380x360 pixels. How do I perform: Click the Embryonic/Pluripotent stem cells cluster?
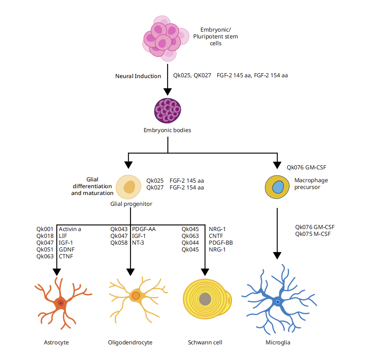[x=164, y=38]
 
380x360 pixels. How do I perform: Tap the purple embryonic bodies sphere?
[x=168, y=111]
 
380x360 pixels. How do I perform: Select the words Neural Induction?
[x=138, y=76]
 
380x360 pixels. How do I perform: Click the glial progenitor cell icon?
[x=128, y=187]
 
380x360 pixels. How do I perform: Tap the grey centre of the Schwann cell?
[x=205, y=298]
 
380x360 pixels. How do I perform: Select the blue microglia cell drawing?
[x=277, y=302]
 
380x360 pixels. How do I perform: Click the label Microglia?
[x=278, y=342]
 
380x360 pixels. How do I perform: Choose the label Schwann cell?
[x=205, y=342]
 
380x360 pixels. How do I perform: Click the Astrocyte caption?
[x=56, y=342]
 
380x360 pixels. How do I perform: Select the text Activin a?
[x=70, y=229]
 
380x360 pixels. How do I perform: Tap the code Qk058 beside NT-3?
[x=119, y=243]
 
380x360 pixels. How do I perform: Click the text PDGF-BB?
[x=220, y=243]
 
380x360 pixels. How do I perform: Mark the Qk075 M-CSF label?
[x=314, y=233]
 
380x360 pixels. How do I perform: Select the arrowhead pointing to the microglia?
[x=277, y=255]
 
